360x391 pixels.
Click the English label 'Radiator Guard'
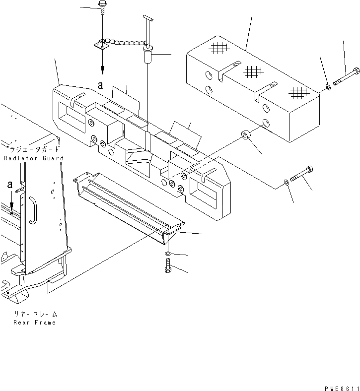pos(33,158)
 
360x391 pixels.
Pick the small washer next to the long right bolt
pos(328,88)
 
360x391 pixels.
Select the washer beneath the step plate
pos(168,254)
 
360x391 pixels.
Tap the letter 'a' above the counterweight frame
pos(101,85)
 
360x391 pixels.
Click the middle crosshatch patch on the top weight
pos(253,71)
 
